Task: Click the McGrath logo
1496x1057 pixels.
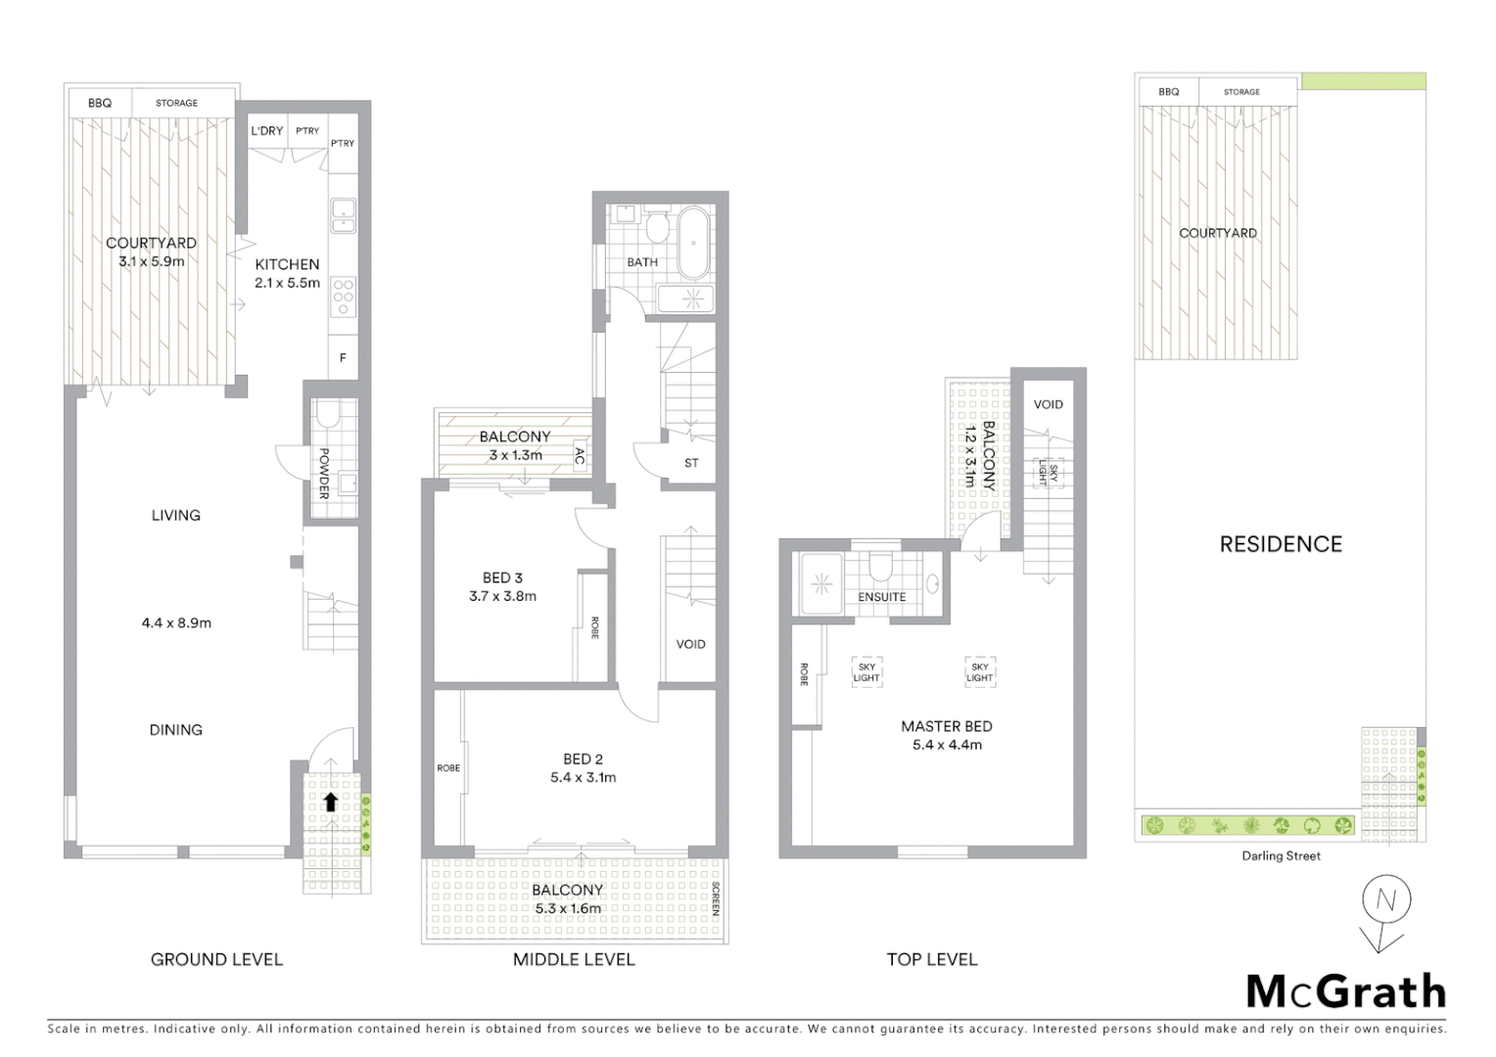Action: (1345, 991)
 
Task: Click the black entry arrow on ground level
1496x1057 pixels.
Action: (331, 803)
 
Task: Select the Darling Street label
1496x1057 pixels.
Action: (1281, 856)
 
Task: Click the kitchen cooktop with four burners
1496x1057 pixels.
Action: (343, 297)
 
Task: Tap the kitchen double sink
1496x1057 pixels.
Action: (343, 215)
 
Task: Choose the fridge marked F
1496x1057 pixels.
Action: (343, 358)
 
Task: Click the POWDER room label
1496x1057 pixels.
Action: (324, 473)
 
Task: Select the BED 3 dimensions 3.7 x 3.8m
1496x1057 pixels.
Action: (502, 596)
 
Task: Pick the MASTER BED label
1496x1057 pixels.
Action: (946, 726)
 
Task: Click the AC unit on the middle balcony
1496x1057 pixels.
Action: (580, 456)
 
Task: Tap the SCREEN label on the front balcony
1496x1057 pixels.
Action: (716, 899)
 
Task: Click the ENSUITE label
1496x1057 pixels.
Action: (881, 597)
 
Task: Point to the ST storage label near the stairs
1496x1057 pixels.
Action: (691, 463)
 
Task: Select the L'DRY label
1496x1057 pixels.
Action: (266, 131)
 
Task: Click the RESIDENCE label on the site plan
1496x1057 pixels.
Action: (1281, 544)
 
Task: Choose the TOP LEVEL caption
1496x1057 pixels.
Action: (931, 960)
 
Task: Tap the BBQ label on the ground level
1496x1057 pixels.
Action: (100, 103)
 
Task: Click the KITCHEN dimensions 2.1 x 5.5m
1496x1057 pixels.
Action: (287, 283)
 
